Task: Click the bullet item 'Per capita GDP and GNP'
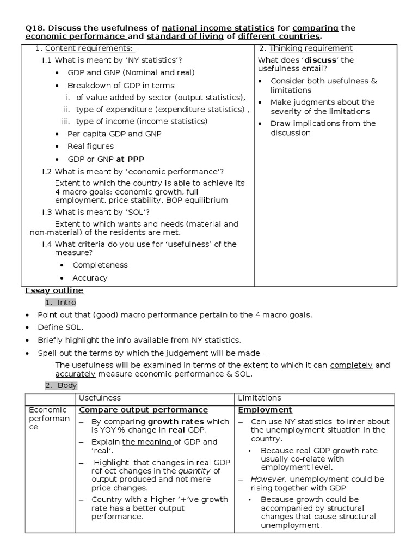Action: [x=114, y=134]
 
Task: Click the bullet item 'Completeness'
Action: [x=100, y=265]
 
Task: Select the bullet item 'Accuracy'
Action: [x=90, y=278]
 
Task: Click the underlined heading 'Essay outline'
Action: [x=54, y=290]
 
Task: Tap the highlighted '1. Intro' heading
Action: [x=60, y=302]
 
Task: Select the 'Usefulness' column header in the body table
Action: [x=100, y=398]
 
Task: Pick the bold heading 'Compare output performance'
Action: [x=144, y=410]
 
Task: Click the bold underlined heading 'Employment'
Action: [x=265, y=410]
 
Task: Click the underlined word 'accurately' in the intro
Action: [x=76, y=374]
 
